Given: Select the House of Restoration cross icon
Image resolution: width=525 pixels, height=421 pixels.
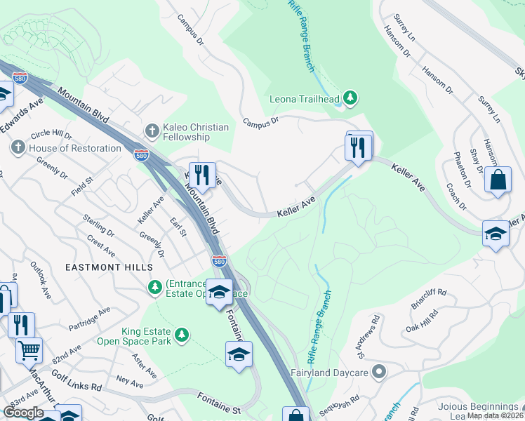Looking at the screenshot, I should (x=18, y=148).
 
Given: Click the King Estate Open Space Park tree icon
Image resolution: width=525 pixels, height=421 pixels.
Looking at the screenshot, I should (x=182, y=335).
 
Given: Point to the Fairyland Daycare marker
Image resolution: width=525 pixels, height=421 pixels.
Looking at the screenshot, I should (x=380, y=371).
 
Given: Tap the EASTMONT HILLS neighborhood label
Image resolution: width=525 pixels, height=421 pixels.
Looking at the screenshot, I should (x=109, y=268).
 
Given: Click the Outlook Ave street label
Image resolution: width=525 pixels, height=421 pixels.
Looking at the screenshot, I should (x=41, y=279).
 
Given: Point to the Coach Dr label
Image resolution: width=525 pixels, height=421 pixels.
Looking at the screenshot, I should (x=456, y=197).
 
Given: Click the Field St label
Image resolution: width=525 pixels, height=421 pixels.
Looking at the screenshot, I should (x=82, y=186).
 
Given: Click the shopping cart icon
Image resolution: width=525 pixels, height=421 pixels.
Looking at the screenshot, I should (x=29, y=349).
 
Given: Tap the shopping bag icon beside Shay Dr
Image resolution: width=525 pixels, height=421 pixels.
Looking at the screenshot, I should (x=498, y=180).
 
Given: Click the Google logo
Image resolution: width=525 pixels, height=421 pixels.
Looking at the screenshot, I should (x=24, y=412).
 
